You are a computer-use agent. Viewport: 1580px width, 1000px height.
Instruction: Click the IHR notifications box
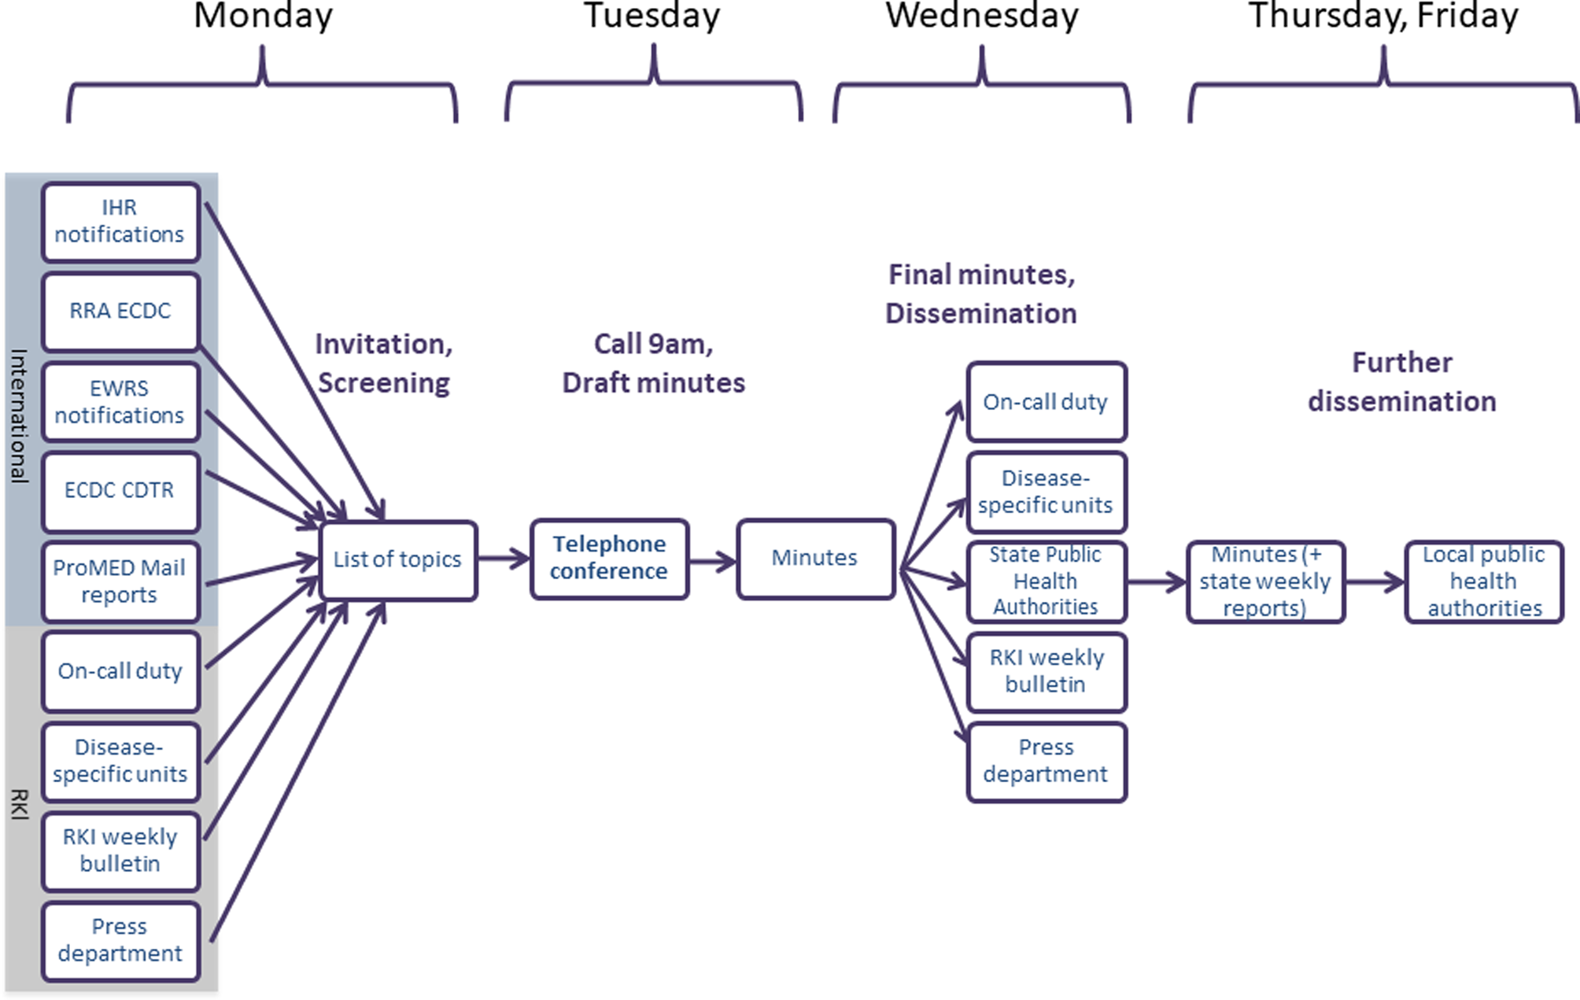coord(120,222)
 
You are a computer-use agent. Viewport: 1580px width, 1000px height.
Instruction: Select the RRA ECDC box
coord(120,312)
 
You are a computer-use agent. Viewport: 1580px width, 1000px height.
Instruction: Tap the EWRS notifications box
coord(120,402)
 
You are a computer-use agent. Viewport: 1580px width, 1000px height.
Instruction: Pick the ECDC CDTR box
coord(120,491)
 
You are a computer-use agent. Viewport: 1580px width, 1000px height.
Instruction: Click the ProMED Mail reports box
coord(120,581)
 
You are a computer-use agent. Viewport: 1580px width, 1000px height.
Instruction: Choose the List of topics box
coord(398,560)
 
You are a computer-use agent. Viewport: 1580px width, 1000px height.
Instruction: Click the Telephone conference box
coord(609,559)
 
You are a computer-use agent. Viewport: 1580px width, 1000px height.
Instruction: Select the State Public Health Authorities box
coord(1046,581)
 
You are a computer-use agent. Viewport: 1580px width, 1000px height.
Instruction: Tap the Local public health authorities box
coord(1483,581)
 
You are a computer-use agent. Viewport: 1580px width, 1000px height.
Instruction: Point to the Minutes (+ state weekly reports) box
coord(1265,581)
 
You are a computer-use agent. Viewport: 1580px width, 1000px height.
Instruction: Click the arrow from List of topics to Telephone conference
coord(504,559)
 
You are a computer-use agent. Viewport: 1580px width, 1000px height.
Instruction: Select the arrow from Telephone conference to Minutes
coord(713,561)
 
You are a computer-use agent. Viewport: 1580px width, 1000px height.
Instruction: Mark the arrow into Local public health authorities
coord(1375,582)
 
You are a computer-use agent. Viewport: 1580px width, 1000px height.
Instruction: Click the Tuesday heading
coord(652,16)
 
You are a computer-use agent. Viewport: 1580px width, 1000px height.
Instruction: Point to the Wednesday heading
coord(981,16)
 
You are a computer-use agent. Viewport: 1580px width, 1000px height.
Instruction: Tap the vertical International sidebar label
coord(19,415)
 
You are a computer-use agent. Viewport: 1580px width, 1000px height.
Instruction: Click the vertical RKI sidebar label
coord(19,805)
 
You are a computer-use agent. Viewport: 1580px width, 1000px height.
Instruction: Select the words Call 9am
coord(653,345)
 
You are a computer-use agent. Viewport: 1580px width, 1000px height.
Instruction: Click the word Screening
coord(384,383)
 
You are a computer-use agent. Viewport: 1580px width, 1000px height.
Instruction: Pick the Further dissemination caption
coord(1401,382)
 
